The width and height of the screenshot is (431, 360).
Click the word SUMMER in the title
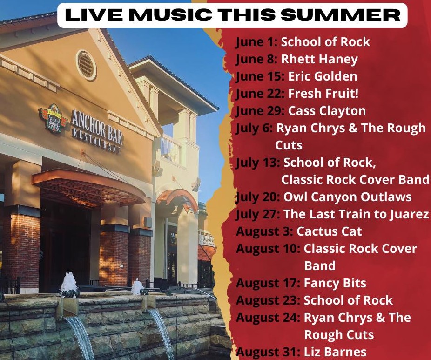pos(340,15)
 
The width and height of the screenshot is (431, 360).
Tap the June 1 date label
pos(257,42)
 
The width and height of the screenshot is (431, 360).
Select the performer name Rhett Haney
pos(319,60)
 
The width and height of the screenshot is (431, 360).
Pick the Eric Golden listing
pos(323,76)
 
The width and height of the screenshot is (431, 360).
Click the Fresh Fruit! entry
pos(323,94)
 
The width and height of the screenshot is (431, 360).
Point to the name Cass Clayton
pos(327,111)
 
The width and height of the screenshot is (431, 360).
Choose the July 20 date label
pos(258,197)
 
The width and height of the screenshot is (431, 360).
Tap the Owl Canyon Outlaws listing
pos(347,197)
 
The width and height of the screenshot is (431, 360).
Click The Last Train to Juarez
pos(356,214)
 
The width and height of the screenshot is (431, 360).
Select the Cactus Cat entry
pos(329,231)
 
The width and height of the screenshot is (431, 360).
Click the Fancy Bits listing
pos(335,283)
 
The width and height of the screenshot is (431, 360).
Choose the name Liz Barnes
pos(335,352)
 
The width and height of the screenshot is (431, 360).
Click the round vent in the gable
pos(86,65)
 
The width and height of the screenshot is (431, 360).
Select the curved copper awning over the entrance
pos(88,187)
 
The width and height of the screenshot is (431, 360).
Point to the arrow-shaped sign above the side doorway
pos(178,200)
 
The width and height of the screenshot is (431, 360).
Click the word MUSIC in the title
pos(170,15)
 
